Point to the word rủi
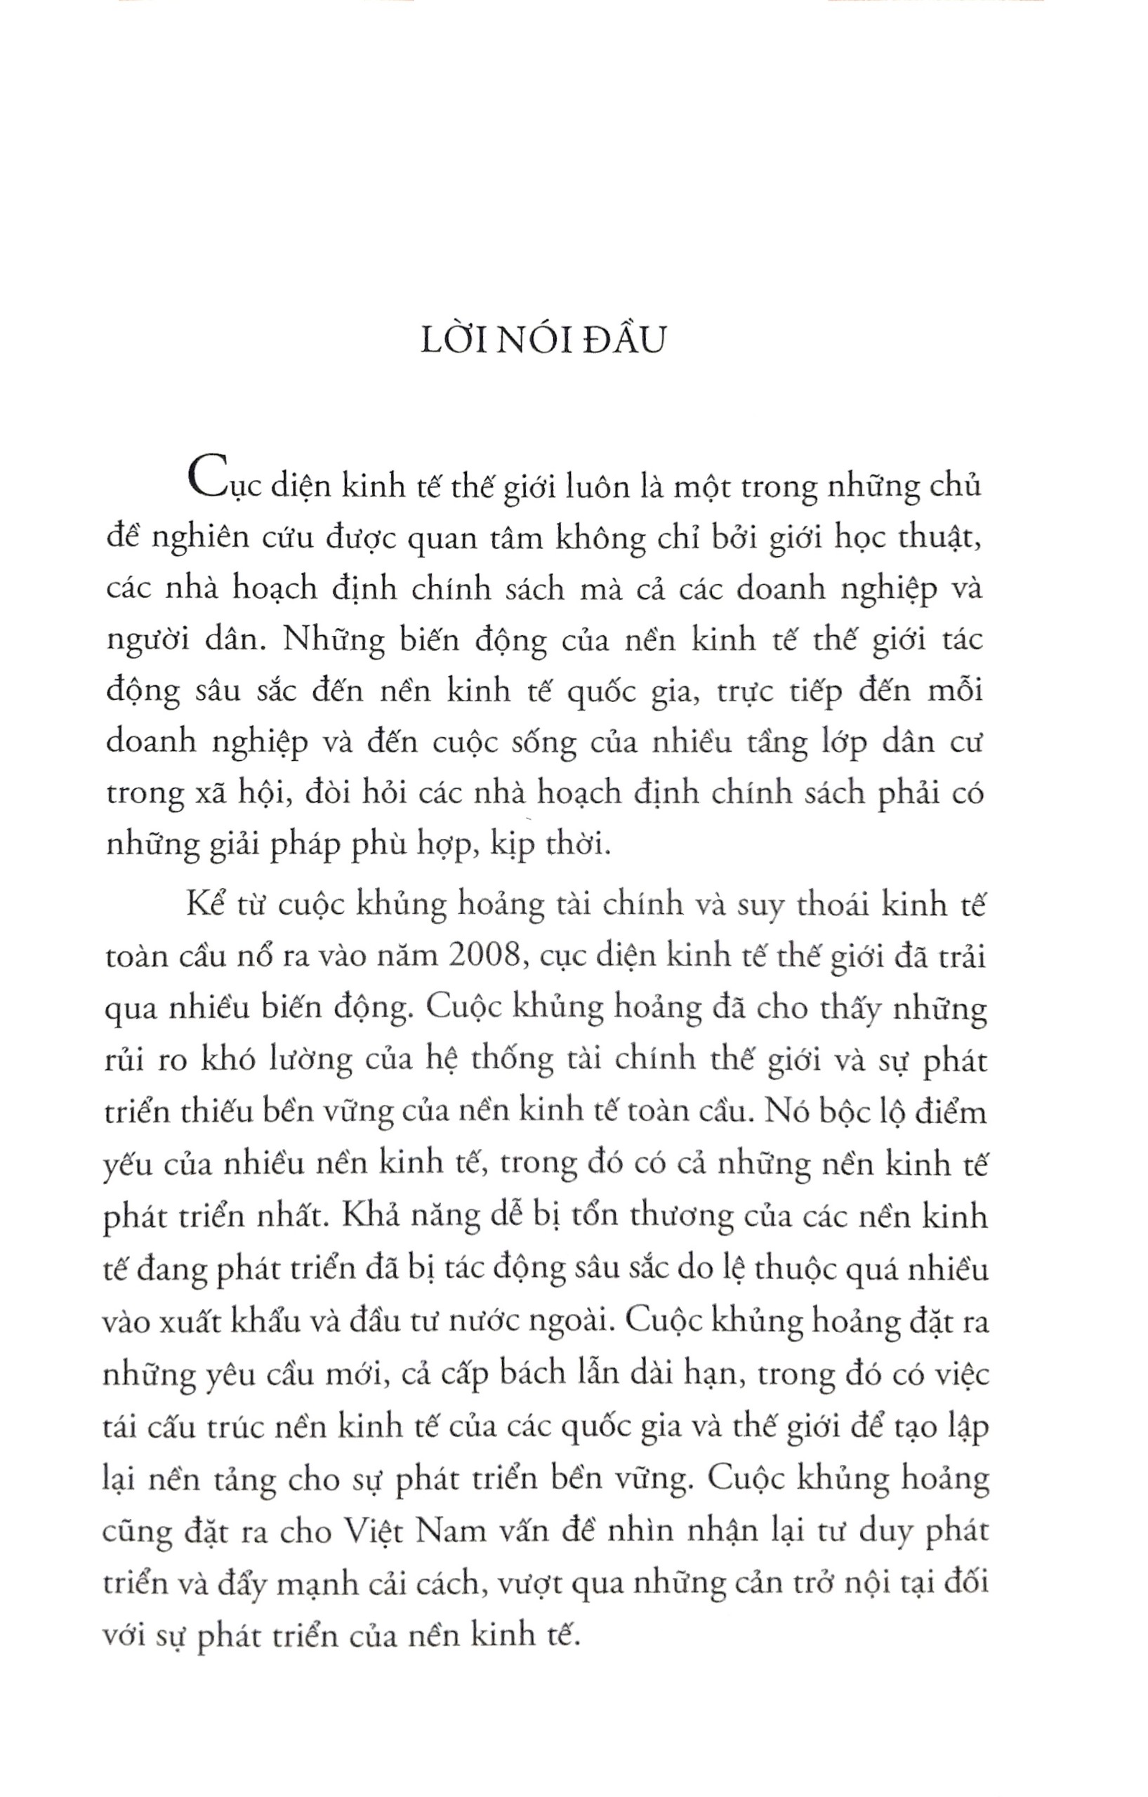pyautogui.click(x=126, y=1061)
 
